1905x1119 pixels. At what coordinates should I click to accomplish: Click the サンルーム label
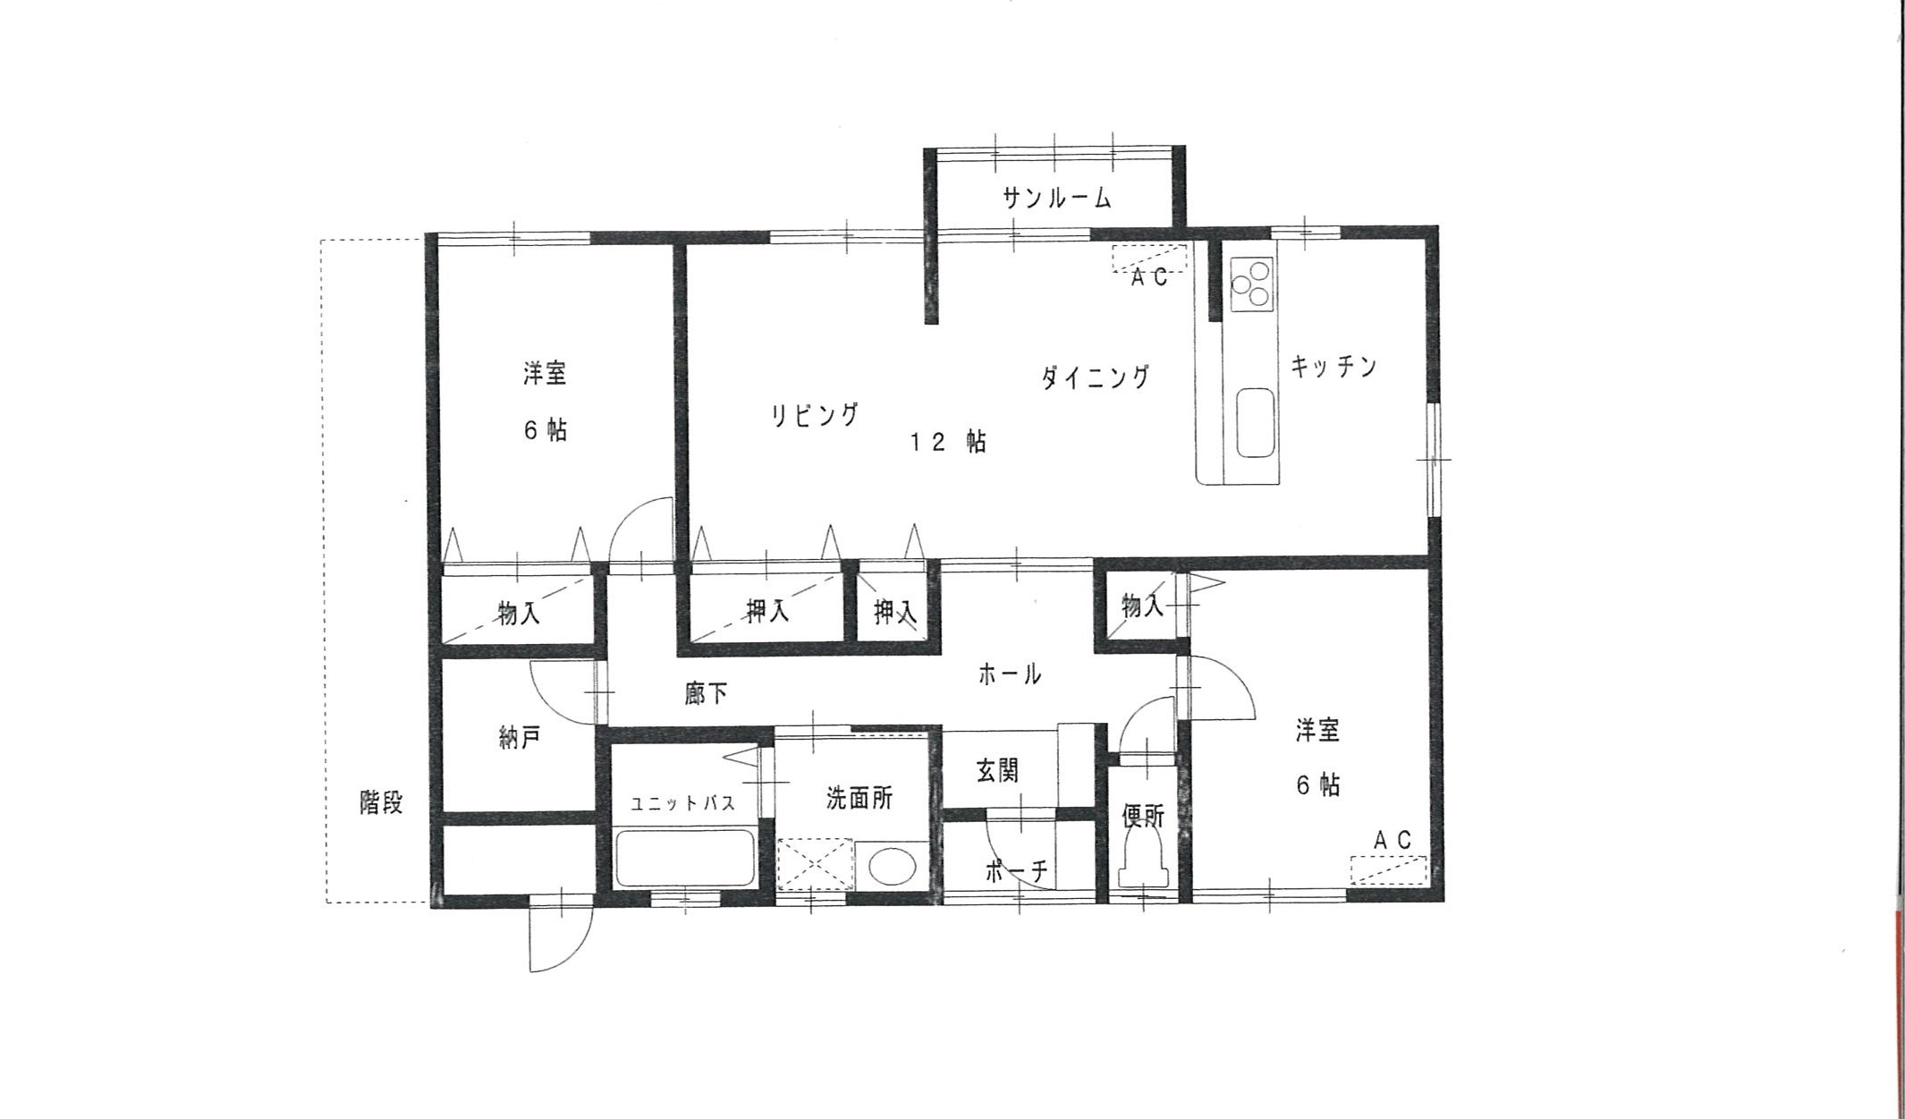pos(1057,198)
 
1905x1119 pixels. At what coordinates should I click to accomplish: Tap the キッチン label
pos(1333,367)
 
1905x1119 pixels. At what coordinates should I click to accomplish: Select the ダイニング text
pos(1096,377)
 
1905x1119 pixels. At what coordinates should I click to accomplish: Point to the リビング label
pos(815,415)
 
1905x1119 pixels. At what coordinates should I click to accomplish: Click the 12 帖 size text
pos(948,442)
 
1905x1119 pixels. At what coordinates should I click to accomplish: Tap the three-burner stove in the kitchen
pos(1251,284)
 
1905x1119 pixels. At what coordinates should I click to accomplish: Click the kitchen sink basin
pos(1255,423)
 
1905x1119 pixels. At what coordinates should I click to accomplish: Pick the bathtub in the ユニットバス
pos(685,858)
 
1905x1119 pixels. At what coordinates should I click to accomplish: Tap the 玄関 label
pos(997,770)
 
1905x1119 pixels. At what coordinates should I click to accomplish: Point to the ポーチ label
pos(1016,870)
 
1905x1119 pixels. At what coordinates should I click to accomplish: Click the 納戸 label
pos(520,738)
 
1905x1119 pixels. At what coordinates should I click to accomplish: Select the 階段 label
pos(381,802)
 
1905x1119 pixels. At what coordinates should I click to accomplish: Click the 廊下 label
pos(706,693)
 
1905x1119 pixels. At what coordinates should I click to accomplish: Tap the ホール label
pos(1010,674)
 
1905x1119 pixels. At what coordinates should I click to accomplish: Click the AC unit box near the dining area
pos(1149,258)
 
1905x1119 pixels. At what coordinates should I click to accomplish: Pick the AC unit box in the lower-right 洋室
pos(1388,870)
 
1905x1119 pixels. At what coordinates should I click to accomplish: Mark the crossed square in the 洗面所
pos(815,864)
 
